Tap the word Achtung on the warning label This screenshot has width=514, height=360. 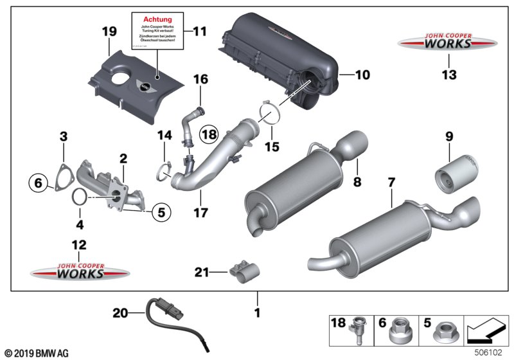pos(157,20)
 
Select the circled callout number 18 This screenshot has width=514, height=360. pos(209,134)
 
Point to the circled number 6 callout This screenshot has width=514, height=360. pos(39,183)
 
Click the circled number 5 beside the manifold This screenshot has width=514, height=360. pos(161,209)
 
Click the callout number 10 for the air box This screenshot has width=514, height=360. pos(362,75)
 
